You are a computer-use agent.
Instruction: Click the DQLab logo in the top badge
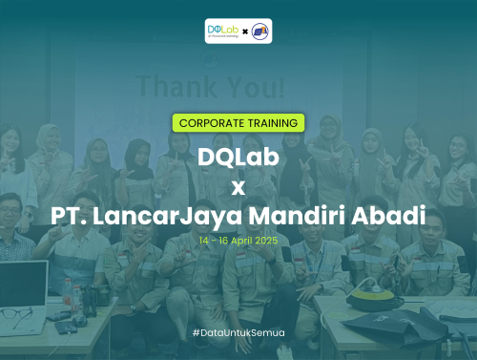pos(222,32)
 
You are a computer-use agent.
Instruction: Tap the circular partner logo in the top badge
pos(259,32)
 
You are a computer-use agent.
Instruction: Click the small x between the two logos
pos(244,32)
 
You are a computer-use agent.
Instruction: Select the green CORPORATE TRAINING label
pos(238,122)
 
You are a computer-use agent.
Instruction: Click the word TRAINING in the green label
pos(270,122)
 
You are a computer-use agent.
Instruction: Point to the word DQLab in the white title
pos(238,155)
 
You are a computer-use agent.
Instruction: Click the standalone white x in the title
pos(238,183)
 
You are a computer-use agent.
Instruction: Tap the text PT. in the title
pos(71,213)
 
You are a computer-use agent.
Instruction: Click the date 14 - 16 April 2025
pos(238,243)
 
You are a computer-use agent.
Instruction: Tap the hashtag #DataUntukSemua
pos(238,331)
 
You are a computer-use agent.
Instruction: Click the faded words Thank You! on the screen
pos(210,89)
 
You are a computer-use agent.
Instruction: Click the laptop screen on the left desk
pos(21,283)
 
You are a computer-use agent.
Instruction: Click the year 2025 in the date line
pos(267,243)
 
